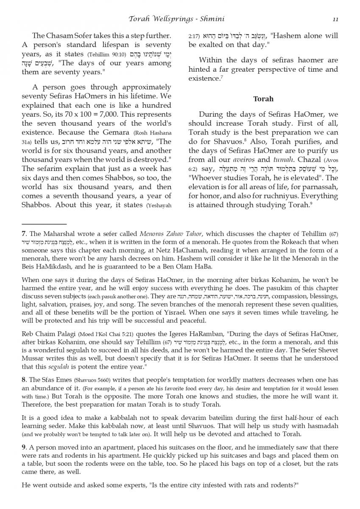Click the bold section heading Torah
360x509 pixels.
point(263,99)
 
